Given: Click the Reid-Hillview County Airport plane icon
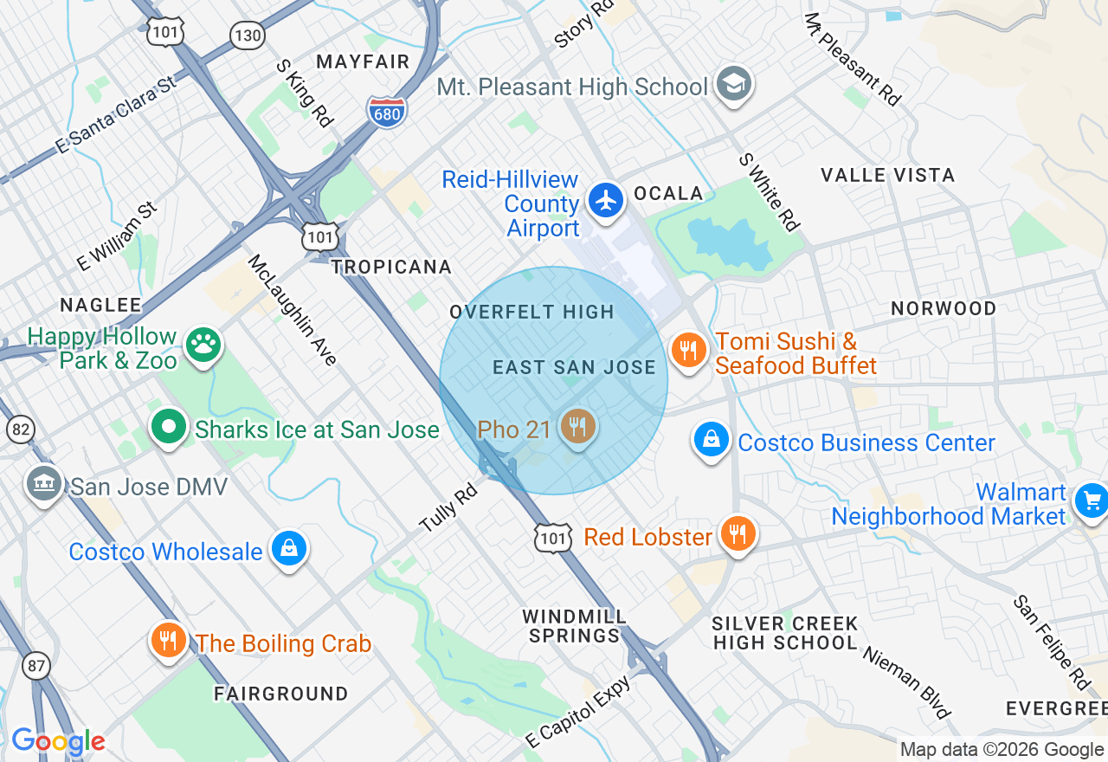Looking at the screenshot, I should [606, 200].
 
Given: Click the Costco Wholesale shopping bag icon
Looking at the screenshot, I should [288, 548].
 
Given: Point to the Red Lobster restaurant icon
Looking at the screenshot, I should [737, 533].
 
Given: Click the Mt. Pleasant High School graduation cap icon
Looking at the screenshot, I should [734, 84].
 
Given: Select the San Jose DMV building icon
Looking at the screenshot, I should [43, 483].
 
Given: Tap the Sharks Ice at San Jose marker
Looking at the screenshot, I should [169, 427].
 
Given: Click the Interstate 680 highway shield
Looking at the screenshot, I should [386, 113].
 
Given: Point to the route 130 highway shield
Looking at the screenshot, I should [247, 35].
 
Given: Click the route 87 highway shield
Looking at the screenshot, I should [35, 666].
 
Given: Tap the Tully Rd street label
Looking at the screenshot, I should [448, 508].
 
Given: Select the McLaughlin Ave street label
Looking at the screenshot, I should [293, 310].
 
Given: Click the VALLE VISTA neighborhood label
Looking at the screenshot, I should [887, 175].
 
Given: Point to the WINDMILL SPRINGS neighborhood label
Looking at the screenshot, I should [574, 626].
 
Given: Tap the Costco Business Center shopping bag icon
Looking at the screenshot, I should [711, 439].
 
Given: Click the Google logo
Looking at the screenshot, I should [58, 742].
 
